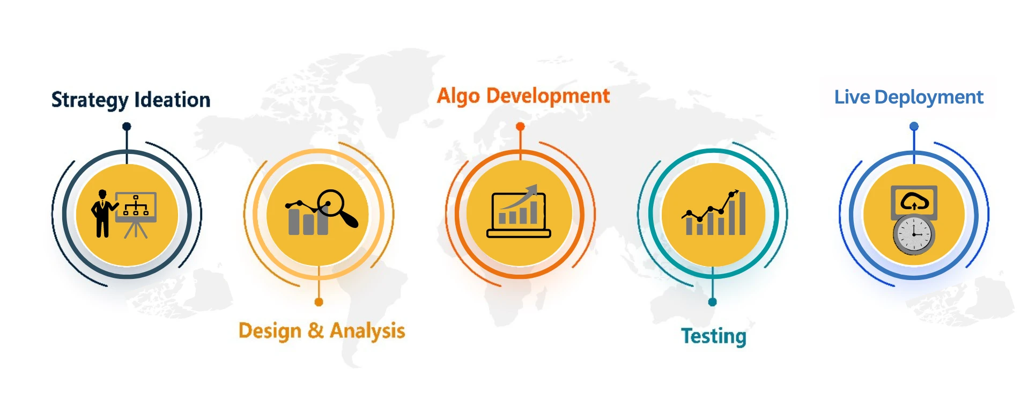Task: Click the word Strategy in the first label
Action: (90, 100)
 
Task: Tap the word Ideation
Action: (172, 100)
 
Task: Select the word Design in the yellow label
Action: (270, 331)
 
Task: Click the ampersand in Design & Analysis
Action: (316, 330)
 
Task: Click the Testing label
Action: (714, 337)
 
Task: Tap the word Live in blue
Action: (852, 97)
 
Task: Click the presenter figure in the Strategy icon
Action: (102, 213)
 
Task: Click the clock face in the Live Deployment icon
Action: (914, 234)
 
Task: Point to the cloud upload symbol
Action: (914, 202)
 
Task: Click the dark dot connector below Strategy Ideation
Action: (127, 127)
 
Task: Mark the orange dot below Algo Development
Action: (520, 127)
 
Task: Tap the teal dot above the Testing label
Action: (713, 302)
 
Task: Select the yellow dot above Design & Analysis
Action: (319, 302)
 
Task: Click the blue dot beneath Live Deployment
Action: (914, 127)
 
